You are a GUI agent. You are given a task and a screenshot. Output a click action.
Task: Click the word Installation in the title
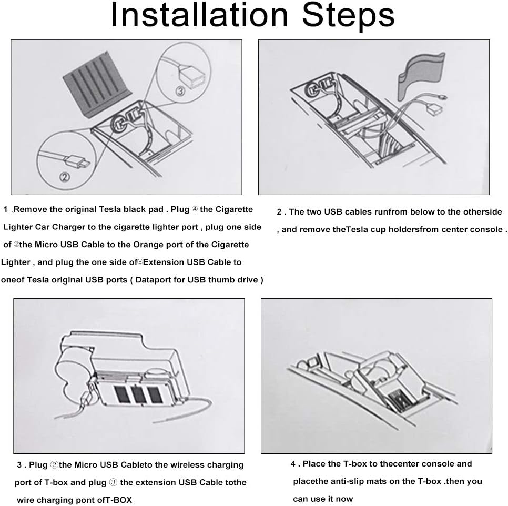[x=199, y=15]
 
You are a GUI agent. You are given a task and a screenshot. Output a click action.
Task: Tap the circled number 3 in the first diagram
[x=180, y=92]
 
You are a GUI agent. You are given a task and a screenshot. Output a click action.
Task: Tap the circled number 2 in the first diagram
[x=65, y=177]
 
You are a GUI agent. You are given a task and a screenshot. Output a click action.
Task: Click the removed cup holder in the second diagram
[x=421, y=75]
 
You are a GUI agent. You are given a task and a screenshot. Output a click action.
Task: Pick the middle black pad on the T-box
[x=138, y=394]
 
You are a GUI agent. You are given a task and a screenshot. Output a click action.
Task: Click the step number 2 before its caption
[x=279, y=212]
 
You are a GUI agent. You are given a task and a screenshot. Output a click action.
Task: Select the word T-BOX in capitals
[x=119, y=500]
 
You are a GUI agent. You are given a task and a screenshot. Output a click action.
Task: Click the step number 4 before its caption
[x=293, y=464]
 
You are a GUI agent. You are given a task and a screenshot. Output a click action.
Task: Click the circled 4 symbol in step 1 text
[x=195, y=209]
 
